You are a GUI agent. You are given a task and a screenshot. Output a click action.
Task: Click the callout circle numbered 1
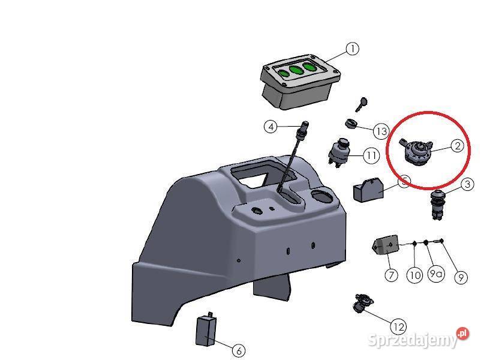pyautogui.click(x=352, y=49)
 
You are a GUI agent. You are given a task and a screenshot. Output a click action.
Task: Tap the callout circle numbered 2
pyautogui.click(x=456, y=145)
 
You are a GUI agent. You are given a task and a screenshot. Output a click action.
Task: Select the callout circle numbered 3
pyautogui.click(x=467, y=185)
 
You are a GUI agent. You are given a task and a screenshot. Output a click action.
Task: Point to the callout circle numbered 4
pyautogui.click(x=272, y=127)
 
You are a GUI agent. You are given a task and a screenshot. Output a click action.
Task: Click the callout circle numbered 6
pyautogui.click(x=238, y=350)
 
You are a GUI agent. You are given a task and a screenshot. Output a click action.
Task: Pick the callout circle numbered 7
pyautogui.click(x=391, y=275)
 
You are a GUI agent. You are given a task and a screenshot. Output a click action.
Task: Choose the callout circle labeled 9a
pyautogui.click(x=436, y=275)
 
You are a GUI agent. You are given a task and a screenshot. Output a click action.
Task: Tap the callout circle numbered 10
pyautogui.click(x=414, y=275)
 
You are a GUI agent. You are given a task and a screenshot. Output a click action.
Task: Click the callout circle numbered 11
pyautogui.click(x=371, y=156)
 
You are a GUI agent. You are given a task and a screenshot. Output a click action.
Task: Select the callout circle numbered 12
pyautogui.click(x=398, y=327)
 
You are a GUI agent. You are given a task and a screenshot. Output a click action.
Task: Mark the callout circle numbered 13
pyautogui.click(x=381, y=131)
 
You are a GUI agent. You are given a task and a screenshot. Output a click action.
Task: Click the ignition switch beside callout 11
pyautogui.click(x=339, y=153)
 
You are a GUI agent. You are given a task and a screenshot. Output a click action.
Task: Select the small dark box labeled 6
pyautogui.click(x=206, y=331)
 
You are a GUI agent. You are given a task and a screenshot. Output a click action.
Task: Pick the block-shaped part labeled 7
pyautogui.click(x=384, y=246)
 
